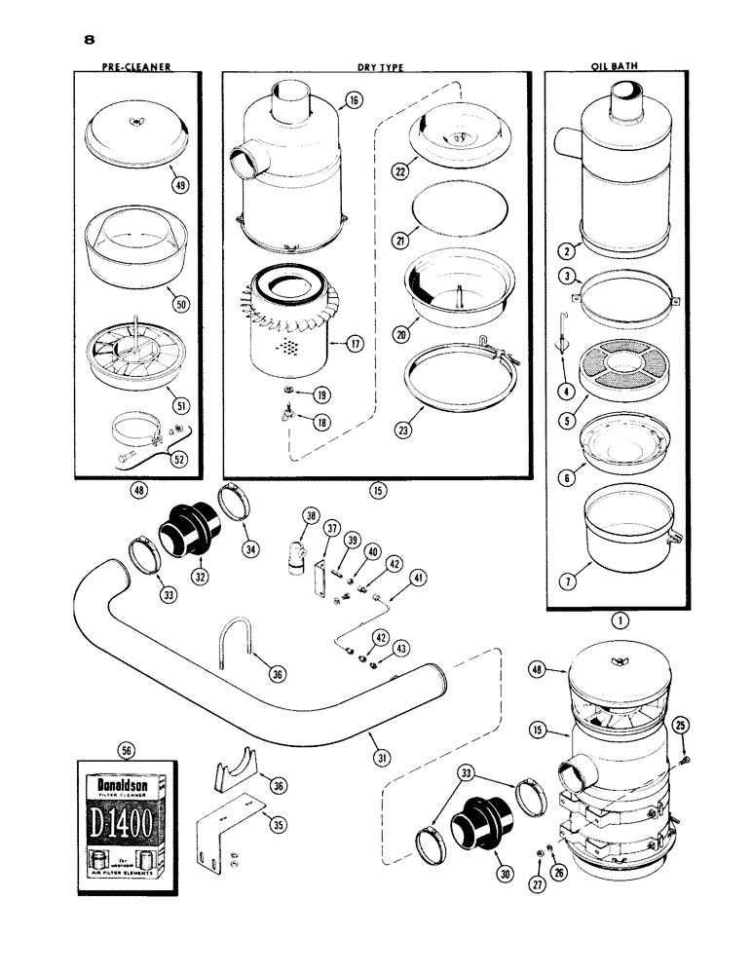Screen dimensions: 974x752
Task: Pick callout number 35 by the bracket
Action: click(x=278, y=825)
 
